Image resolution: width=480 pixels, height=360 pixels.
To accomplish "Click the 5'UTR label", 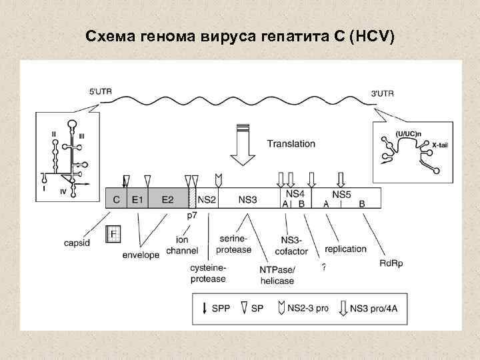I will pyautogui.click(x=101, y=93).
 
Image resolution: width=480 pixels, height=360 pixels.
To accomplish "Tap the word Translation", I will pyautogui.click(x=291, y=143).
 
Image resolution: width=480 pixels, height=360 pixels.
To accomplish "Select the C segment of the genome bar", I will pyautogui.click(x=116, y=199).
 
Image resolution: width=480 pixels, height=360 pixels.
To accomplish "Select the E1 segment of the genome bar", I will pyautogui.click(x=137, y=199).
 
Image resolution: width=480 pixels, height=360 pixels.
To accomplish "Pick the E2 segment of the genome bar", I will pyautogui.click(x=167, y=199).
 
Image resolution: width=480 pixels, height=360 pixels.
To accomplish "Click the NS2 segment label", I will pyautogui.click(x=207, y=199).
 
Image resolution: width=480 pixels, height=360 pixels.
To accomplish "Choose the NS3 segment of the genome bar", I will pyautogui.click(x=247, y=199).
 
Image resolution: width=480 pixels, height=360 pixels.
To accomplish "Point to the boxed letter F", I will pyautogui.click(x=114, y=234).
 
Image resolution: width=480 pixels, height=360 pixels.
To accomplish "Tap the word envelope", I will pyautogui.click(x=141, y=255).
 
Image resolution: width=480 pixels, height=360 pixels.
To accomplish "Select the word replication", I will pyautogui.click(x=346, y=249).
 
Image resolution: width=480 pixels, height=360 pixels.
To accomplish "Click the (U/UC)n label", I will pyautogui.click(x=407, y=133).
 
